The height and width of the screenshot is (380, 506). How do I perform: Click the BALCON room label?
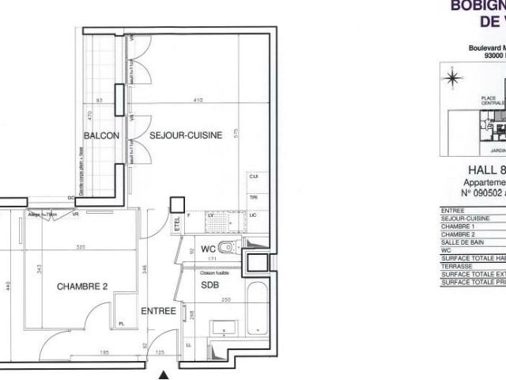pos(101,135)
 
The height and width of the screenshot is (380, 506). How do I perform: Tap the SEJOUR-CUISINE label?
pos(186,135)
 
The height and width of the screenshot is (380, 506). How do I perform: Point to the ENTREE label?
pos(158,312)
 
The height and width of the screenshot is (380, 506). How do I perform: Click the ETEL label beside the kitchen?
pos(177,226)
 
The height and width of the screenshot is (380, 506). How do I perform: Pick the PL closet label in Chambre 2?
pos(121,324)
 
